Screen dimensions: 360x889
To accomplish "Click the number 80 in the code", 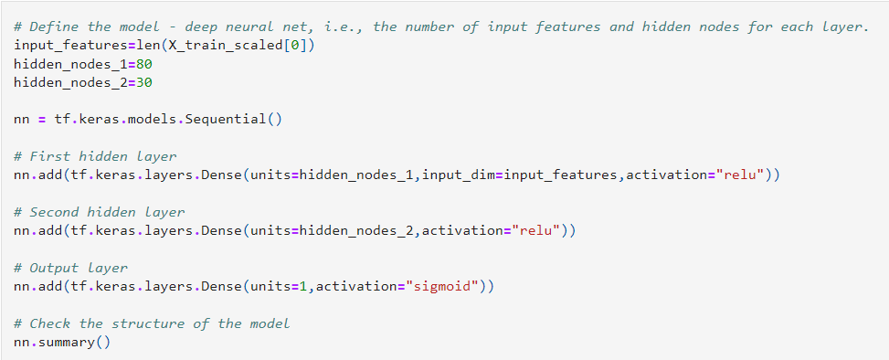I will coord(143,64).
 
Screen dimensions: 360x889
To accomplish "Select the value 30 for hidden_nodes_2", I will coord(143,82).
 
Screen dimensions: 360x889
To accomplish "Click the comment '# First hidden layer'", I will coord(96,156).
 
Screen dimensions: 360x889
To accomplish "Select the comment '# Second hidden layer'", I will coord(100,212).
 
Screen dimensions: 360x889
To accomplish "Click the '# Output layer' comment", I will coord(71,268).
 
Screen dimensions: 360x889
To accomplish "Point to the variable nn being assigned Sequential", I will coord(23,119).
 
